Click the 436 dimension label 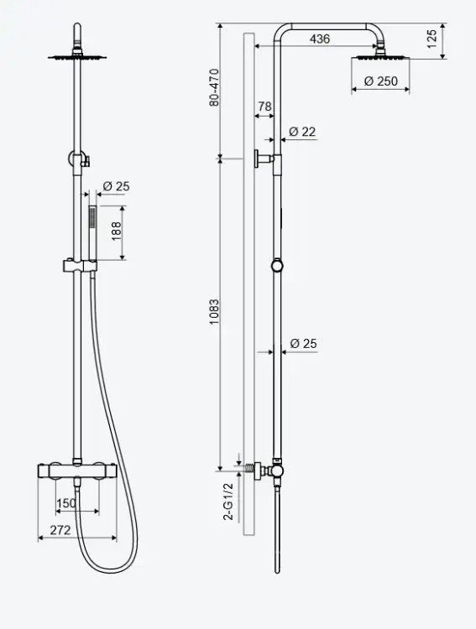(x=320, y=39)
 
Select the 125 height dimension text (x=432, y=39)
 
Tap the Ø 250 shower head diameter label (x=381, y=81)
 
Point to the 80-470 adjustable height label (x=215, y=87)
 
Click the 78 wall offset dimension (x=264, y=107)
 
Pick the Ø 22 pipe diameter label (x=302, y=132)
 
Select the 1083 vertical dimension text (x=215, y=312)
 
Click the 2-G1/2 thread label (x=228, y=502)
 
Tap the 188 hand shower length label (x=116, y=231)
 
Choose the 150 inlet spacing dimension (x=66, y=503)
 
